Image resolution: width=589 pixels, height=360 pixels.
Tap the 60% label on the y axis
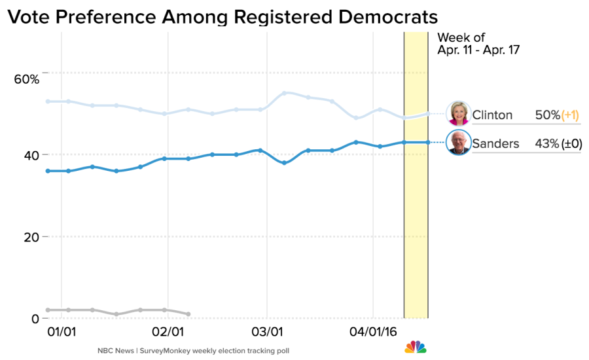click(27, 79)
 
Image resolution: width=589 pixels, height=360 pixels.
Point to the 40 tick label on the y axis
click(31, 155)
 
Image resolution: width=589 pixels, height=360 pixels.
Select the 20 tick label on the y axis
click(31, 237)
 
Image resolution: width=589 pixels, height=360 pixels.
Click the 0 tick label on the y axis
click(35, 319)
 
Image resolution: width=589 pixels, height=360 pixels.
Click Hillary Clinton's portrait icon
click(458, 113)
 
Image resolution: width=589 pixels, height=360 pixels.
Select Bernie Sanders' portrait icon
click(458, 143)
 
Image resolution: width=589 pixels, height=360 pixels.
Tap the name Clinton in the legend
click(492, 115)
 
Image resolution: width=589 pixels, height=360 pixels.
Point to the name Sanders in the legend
click(495, 144)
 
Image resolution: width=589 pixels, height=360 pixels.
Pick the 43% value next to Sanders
click(546, 144)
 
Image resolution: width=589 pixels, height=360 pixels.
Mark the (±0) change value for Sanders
click(571, 144)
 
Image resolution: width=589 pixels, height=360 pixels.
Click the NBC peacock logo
click(415, 347)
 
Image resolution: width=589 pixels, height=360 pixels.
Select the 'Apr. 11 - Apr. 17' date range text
click(478, 50)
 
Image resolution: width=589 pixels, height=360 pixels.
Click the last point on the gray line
click(188, 314)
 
